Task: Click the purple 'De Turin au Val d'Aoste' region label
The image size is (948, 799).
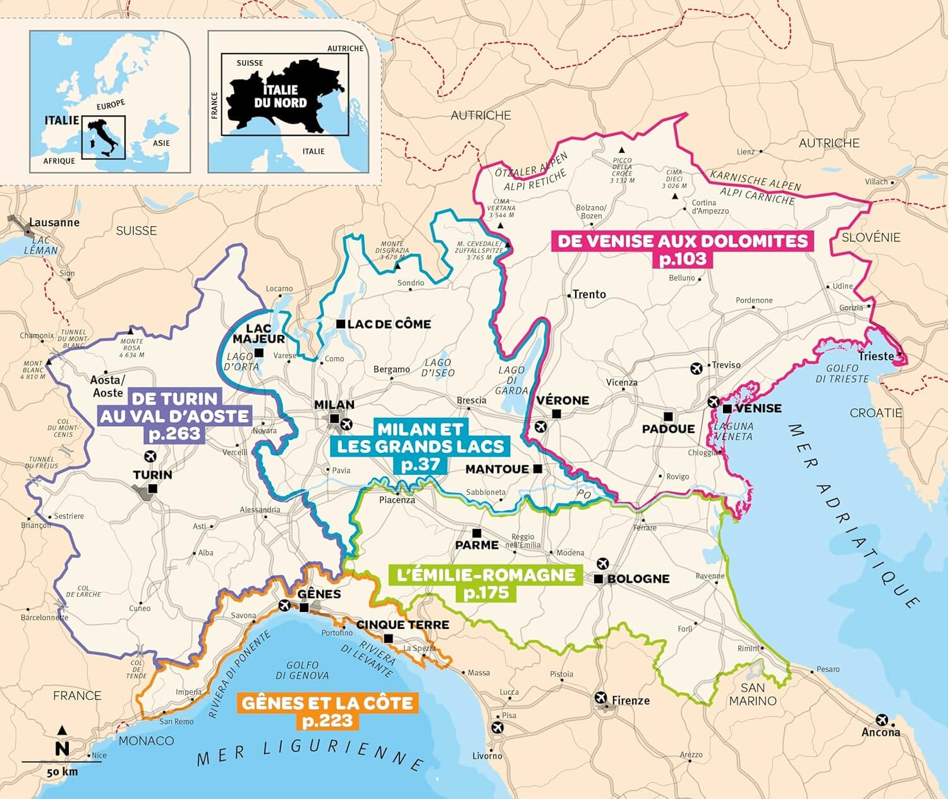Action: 174,416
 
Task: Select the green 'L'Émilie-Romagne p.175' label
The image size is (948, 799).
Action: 485,583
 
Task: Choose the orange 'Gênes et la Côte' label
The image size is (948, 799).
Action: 327,712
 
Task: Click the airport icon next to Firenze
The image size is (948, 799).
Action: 601,698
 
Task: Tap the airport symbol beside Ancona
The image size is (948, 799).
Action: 882,720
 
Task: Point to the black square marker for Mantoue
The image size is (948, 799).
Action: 537,468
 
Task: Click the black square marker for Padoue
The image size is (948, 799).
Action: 668,416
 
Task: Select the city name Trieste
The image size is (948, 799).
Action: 876,357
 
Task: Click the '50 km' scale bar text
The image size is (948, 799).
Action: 62,772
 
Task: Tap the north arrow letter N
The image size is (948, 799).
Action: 62,749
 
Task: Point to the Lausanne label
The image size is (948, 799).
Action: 54,223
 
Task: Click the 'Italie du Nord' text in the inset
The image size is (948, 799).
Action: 280,97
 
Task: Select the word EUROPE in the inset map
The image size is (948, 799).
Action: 111,104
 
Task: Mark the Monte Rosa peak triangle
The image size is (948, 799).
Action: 131,331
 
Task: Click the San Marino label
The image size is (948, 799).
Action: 753,694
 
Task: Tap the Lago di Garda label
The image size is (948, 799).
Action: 511,380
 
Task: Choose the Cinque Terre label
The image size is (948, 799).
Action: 403,625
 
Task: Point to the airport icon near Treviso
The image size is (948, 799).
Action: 696,368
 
